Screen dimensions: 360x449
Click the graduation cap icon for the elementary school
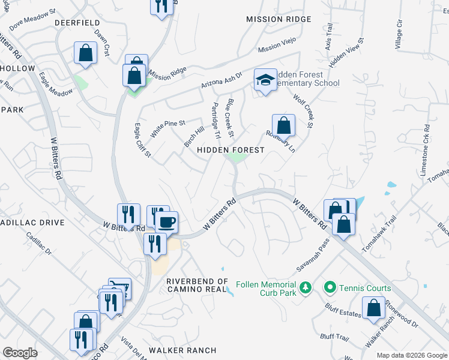265,79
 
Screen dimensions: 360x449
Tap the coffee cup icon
167,221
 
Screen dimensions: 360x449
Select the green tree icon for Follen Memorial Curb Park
306,289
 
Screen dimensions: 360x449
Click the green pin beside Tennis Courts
330,289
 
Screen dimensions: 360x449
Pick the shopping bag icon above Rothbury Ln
283,125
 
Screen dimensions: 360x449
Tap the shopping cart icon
119,289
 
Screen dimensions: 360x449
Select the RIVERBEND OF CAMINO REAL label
197,286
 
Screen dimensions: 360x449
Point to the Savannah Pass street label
312,256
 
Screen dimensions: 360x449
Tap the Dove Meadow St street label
32,20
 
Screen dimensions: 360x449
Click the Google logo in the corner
20,352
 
